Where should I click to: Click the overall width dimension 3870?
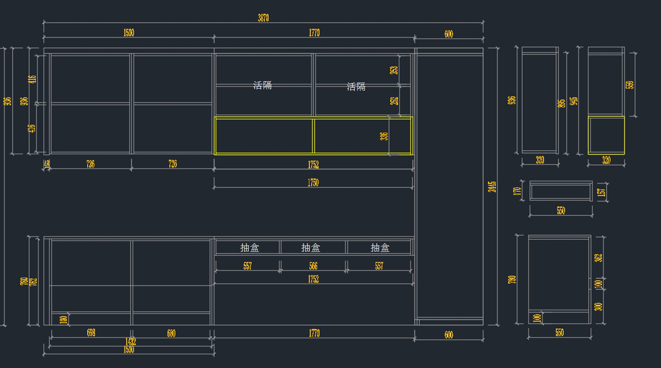click(x=263, y=18)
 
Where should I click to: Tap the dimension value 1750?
click(x=313, y=183)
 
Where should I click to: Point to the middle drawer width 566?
click(x=313, y=266)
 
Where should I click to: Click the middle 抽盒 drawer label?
click(x=311, y=248)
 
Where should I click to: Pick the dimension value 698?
click(x=91, y=333)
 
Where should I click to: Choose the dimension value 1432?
click(x=130, y=342)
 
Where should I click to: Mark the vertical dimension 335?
click(x=384, y=136)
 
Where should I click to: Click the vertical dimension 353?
click(x=394, y=70)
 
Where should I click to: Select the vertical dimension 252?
click(x=394, y=101)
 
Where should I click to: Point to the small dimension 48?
click(x=46, y=164)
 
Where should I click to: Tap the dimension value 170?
click(x=517, y=191)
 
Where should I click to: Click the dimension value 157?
click(x=602, y=192)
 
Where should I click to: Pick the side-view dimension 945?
click(x=574, y=101)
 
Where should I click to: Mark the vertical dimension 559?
click(x=630, y=85)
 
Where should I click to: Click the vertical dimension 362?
click(x=599, y=257)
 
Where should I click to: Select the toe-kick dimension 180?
click(x=63, y=319)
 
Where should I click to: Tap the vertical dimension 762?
click(x=35, y=281)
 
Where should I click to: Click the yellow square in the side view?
click(x=606, y=135)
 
